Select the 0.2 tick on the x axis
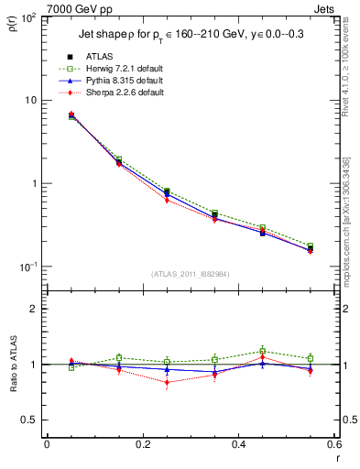142,444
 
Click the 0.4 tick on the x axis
237,444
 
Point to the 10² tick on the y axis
29,17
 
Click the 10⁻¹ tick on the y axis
29,267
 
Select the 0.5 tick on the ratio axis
29,420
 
